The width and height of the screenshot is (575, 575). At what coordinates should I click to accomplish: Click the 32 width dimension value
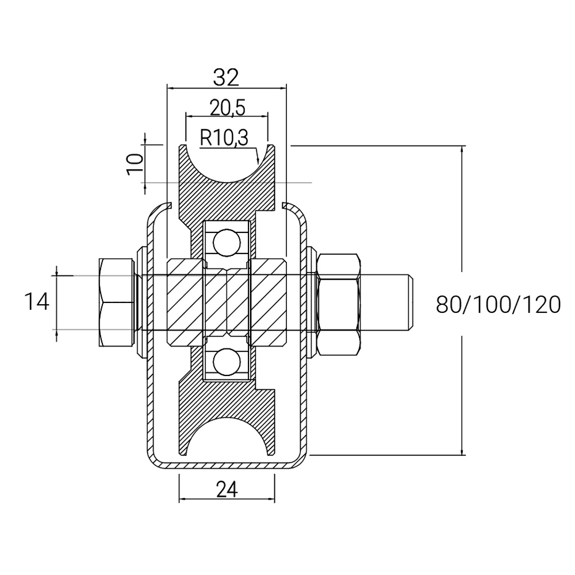point(226,77)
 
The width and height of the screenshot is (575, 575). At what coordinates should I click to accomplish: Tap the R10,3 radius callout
point(224,138)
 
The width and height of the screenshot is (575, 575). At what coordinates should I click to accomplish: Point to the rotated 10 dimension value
point(135,164)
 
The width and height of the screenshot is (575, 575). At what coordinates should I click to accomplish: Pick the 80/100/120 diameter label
point(499,304)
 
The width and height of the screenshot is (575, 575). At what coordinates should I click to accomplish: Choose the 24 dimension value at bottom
point(227,489)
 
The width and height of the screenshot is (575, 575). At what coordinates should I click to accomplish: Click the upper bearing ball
point(227,243)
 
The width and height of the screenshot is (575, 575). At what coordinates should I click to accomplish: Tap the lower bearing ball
point(227,362)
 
